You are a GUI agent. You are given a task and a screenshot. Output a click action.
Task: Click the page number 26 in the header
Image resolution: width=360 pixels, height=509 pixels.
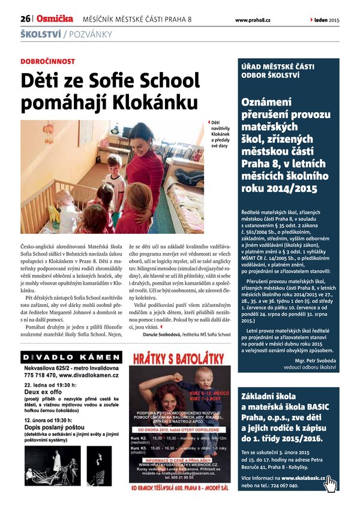pyautogui.click(x=25, y=19)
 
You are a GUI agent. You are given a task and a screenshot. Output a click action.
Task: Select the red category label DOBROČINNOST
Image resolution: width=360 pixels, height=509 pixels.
pyautogui.click(x=48, y=61)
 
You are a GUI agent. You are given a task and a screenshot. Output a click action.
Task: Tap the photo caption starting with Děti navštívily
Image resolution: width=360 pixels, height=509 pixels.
pyautogui.click(x=220, y=134)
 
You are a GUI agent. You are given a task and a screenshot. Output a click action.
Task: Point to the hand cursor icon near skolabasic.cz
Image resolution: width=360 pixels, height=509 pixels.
pyautogui.click(x=331, y=481)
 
